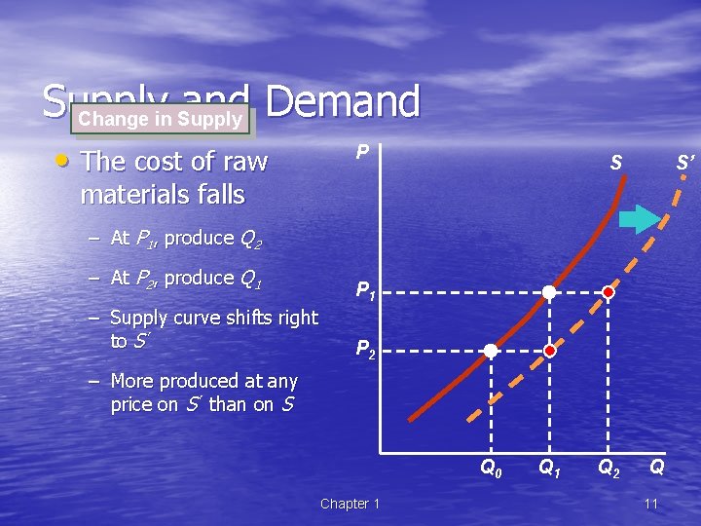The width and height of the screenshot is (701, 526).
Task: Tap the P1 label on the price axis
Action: tap(366, 289)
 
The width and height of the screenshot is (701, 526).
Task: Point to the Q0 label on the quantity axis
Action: tap(492, 469)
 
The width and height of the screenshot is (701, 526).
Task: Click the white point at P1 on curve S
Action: tap(549, 291)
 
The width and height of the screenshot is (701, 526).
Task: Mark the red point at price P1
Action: tap(609, 291)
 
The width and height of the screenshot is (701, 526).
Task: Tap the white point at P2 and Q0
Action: tap(492, 350)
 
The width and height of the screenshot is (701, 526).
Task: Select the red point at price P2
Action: tap(549, 350)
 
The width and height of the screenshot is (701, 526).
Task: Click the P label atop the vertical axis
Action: tap(361, 153)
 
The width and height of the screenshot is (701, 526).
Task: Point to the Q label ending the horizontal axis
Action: tap(657, 469)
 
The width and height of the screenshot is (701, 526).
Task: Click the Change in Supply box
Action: tap(160, 120)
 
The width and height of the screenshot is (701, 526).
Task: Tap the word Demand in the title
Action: tap(341, 102)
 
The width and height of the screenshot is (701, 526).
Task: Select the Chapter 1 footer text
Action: tap(350, 504)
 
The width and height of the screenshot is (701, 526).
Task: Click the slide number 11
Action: tap(651, 504)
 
